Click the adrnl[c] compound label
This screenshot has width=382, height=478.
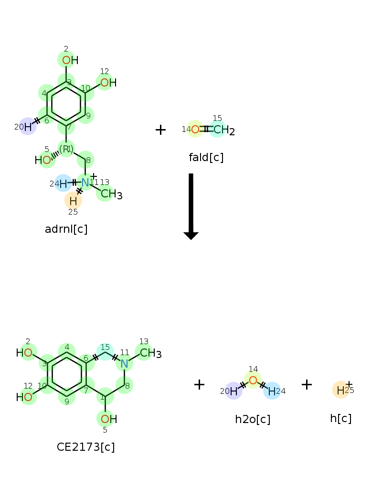[x=66, y=229]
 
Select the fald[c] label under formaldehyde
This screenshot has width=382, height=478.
[x=206, y=157]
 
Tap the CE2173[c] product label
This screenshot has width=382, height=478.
[x=85, y=447]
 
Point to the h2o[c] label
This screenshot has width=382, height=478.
[x=253, y=419]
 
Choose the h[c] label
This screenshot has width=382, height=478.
[x=340, y=418]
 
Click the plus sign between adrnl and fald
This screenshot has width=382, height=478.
[x=160, y=130]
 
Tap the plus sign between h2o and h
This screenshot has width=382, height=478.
[x=307, y=384]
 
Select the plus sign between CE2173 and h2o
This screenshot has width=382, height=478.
[x=199, y=384]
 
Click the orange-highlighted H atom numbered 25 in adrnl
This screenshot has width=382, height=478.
[x=73, y=201]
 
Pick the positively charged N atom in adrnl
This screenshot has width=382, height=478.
[x=85, y=182]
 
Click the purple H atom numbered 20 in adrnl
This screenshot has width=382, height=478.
[x=28, y=127]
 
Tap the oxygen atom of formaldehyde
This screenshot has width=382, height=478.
[x=195, y=129]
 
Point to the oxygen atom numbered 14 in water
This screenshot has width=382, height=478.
[x=253, y=380]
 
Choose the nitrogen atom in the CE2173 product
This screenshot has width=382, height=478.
[x=124, y=364]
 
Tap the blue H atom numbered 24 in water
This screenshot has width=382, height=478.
[x=272, y=391]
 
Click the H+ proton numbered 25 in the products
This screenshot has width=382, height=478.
[x=341, y=390]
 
